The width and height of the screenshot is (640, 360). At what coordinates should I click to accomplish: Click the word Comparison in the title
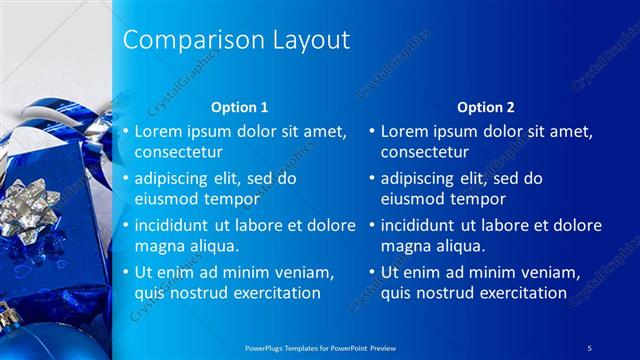click(188, 40)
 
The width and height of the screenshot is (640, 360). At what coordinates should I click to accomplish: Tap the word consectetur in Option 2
click(425, 152)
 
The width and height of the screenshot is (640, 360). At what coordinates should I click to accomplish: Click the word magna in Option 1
click(158, 246)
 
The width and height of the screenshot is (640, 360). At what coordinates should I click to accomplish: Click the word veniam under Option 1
click(300, 272)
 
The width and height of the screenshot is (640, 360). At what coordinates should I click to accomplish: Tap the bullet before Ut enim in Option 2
click(372, 272)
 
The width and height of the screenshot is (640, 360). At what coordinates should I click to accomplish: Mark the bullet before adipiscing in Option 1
click(125, 179)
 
